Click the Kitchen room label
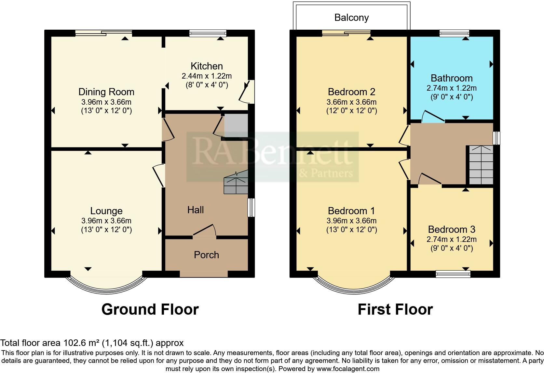tap(207, 66)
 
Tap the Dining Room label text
tap(106, 92)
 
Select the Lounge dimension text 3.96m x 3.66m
tap(106, 221)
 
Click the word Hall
tap(196, 210)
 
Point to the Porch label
tap(206, 255)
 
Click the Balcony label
tap(351, 18)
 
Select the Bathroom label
tap(451, 78)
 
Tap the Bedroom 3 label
tap(451, 230)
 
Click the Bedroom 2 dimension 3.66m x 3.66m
tap(351, 102)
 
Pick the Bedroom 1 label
tap(351, 211)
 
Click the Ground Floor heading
tap(150, 309)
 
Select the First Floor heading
tap(395, 309)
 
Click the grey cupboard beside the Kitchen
tap(236, 126)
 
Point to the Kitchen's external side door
tap(247, 91)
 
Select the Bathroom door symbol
tap(433, 117)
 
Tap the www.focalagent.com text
tap(348, 369)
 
